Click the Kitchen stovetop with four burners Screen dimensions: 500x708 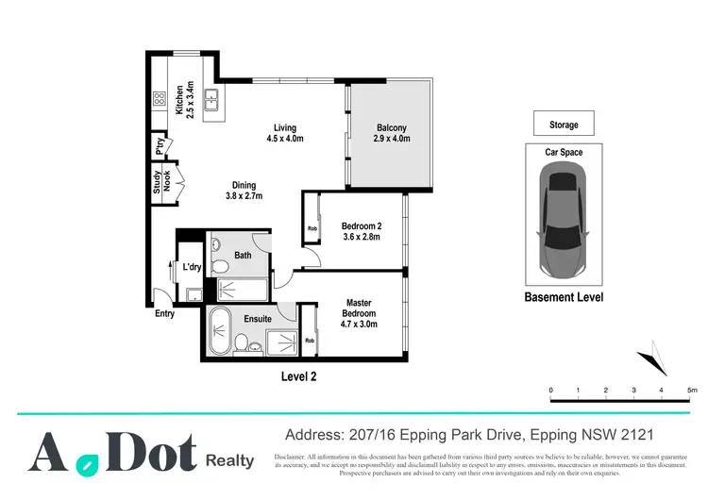[160, 96]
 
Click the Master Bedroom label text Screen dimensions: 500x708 [359, 313]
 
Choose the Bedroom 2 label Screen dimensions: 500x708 [361, 231]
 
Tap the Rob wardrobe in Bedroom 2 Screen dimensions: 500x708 [312, 228]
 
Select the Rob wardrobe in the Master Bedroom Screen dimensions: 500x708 [310, 341]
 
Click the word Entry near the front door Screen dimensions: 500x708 [164, 314]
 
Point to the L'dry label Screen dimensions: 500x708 [192, 268]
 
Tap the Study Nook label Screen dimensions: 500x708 [162, 181]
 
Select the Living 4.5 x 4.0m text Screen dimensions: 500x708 [279, 133]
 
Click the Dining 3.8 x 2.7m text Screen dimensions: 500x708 [244, 191]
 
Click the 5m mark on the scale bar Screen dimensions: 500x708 [692, 390]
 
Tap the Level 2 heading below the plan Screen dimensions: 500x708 [299, 375]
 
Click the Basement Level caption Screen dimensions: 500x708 [563, 297]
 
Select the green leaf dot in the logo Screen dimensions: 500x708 [87, 464]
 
